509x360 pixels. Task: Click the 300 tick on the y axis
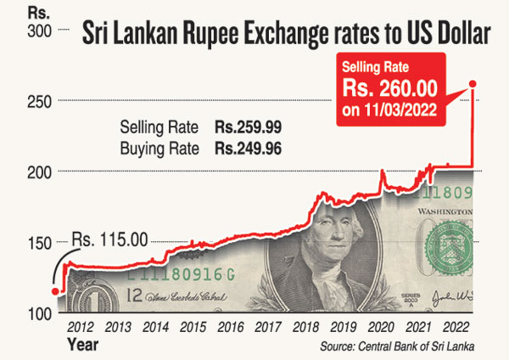tap(40, 31)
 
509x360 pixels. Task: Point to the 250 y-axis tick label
tap(40, 101)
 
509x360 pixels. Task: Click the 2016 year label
tap(231, 326)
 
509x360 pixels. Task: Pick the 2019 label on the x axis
tap(343, 326)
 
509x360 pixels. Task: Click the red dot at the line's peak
tap(473, 82)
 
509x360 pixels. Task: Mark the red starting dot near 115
tap(56, 291)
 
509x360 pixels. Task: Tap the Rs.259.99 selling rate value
tap(248, 127)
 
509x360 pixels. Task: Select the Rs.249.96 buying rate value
tap(248, 148)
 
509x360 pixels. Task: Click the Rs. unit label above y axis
tap(36, 12)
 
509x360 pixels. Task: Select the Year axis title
tap(83, 345)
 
